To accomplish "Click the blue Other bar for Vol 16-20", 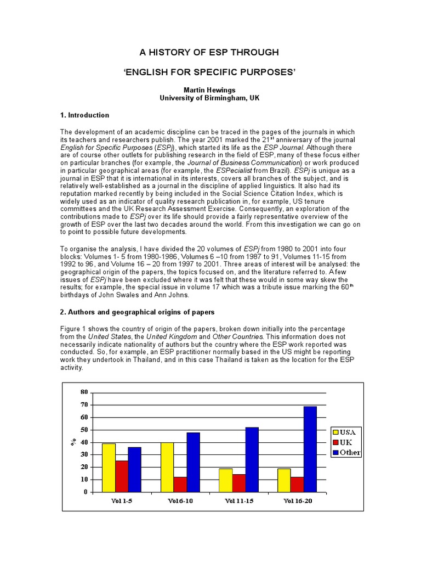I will [x=310, y=449].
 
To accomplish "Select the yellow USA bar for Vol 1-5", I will [x=109, y=468].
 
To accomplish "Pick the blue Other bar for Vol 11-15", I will [x=252, y=459].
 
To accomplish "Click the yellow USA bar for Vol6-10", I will [x=167, y=467].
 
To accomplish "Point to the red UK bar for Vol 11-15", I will [x=238, y=483].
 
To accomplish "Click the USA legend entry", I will [x=346, y=432].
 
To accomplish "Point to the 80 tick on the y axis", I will [x=84, y=392].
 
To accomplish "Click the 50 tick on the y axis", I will [x=84, y=430].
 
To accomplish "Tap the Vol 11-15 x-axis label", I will [x=238, y=501].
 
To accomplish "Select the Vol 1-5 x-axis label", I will [x=121, y=501].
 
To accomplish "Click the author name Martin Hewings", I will [x=209, y=89].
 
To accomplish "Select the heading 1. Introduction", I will [x=85, y=115].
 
